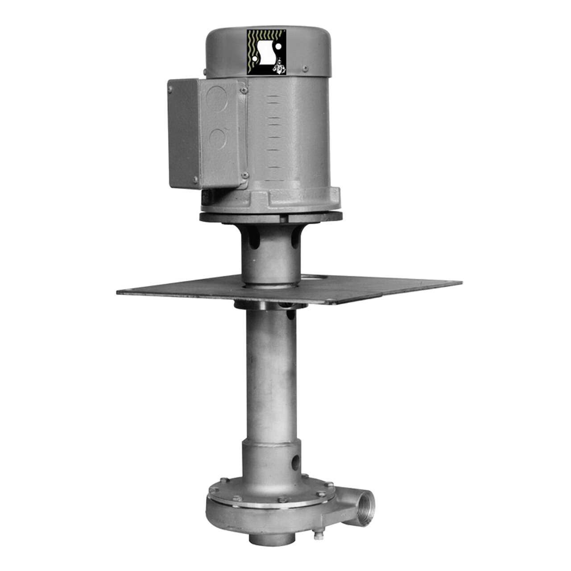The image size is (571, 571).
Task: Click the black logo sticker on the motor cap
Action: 266,52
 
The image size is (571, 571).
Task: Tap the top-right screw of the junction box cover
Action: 244,91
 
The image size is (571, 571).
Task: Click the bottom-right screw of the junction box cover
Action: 244,175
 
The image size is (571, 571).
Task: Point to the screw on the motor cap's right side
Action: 305,69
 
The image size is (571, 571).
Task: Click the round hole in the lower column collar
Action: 295,462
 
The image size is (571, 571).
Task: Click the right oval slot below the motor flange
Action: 294,240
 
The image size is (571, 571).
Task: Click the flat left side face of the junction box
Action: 183,134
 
